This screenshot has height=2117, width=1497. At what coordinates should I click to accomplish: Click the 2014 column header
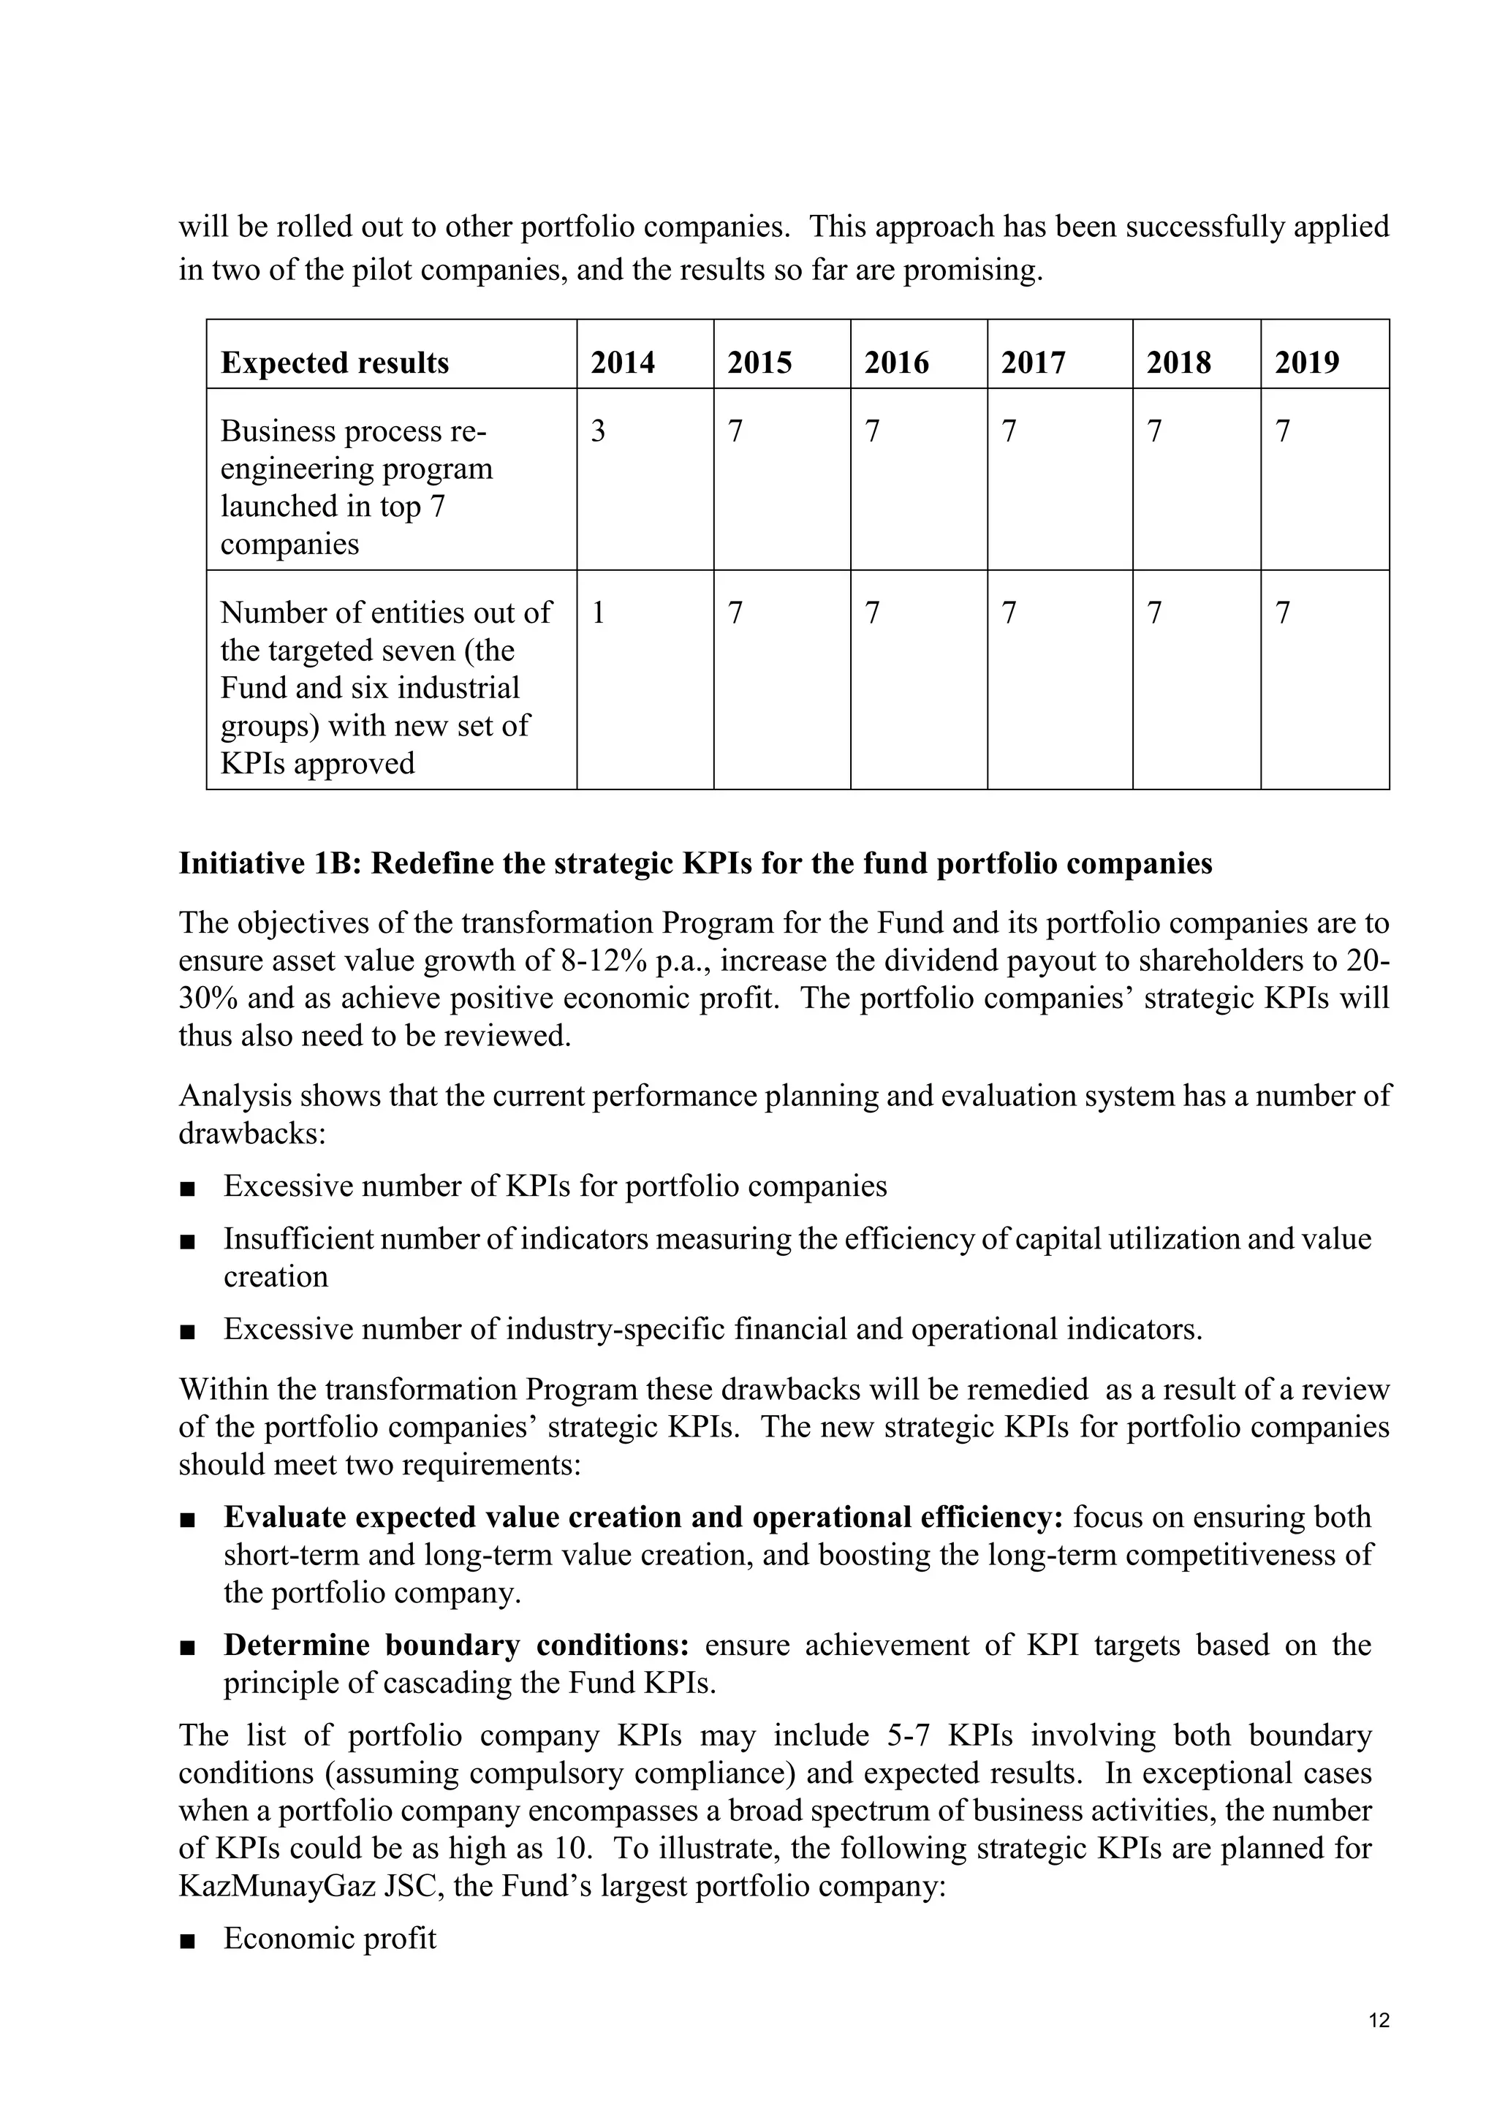(x=622, y=363)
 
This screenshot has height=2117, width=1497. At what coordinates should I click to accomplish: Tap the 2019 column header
(x=1306, y=363)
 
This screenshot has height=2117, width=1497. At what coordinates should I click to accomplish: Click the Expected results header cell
(x=335, y=363)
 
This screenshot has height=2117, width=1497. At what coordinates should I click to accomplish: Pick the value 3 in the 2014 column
(x=598, y=431)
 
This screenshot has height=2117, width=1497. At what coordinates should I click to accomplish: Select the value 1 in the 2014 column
(x=598, y=613)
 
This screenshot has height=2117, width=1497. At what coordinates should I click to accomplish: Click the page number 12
(x=1379, y=2021)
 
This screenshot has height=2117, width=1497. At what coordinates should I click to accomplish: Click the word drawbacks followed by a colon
(x=251, y=1133)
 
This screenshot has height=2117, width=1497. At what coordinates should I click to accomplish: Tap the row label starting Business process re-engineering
(x=357, y=487)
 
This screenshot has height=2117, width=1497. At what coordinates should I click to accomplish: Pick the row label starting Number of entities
(x=385, y=687)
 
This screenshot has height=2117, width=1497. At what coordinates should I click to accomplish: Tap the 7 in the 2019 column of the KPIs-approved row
(x=1282, y=613)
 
